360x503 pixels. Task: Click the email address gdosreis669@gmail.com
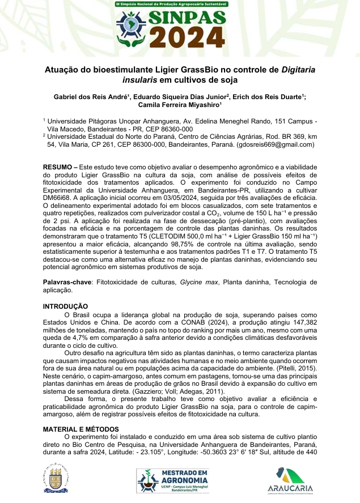274,144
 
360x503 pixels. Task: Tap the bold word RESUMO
59,168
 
